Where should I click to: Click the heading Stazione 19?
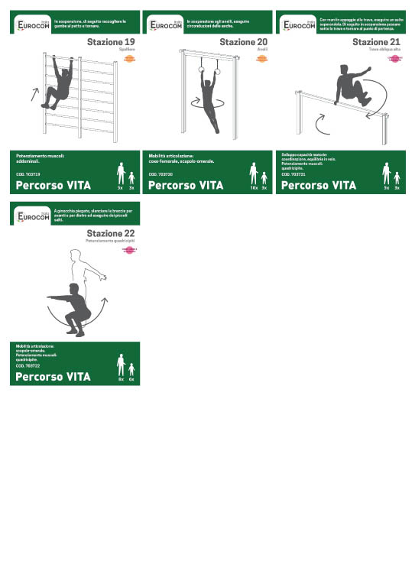coord(112,41)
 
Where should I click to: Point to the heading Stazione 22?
coord(112,232)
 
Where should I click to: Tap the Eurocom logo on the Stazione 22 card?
coord(33,217)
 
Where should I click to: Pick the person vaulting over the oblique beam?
coord(349,85)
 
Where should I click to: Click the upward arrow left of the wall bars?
coord(33,94)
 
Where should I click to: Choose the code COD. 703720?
coord(160,174)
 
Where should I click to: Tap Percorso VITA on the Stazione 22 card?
coord(53,376)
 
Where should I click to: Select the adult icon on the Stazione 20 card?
coord(253,174)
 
